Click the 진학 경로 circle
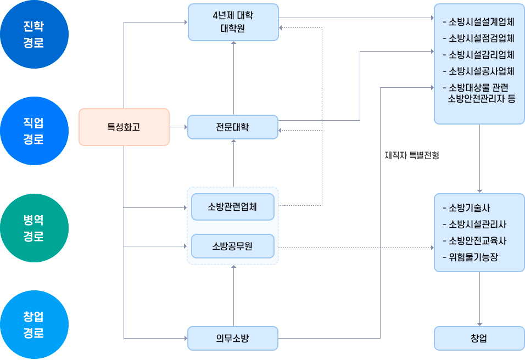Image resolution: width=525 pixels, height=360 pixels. [x=34, y=35]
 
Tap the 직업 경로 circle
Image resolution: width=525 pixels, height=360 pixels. [x=34, y=131]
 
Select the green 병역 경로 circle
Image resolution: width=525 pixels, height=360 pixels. [x=34, y=228]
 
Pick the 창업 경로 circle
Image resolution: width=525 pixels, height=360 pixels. [x=34, y=324]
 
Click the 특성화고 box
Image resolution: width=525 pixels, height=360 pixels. [x=124, y=127]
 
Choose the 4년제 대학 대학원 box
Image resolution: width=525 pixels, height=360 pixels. [x=233, y=22]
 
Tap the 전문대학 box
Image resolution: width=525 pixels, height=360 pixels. [x=233, y=127]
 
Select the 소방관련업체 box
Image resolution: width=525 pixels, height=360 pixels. [x=233, y=207]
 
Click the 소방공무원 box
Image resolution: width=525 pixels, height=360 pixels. [x=233, y=246]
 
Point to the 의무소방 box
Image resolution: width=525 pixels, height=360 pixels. [x=233, y=338]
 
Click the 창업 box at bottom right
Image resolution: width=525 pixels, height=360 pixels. [x=479, y=338]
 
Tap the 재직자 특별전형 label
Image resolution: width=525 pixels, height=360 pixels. [x=412, y=155]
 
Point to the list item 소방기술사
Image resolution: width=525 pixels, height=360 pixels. [x=469, y=208]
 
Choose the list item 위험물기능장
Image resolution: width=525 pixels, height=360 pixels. [x=473, y=256]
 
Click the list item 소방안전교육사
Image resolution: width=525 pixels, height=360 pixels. [x=477, y=240]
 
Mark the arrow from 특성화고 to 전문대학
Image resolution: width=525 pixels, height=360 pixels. [x=178, y=127]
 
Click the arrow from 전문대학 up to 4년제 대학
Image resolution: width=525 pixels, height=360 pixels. [x=233, y=77]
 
